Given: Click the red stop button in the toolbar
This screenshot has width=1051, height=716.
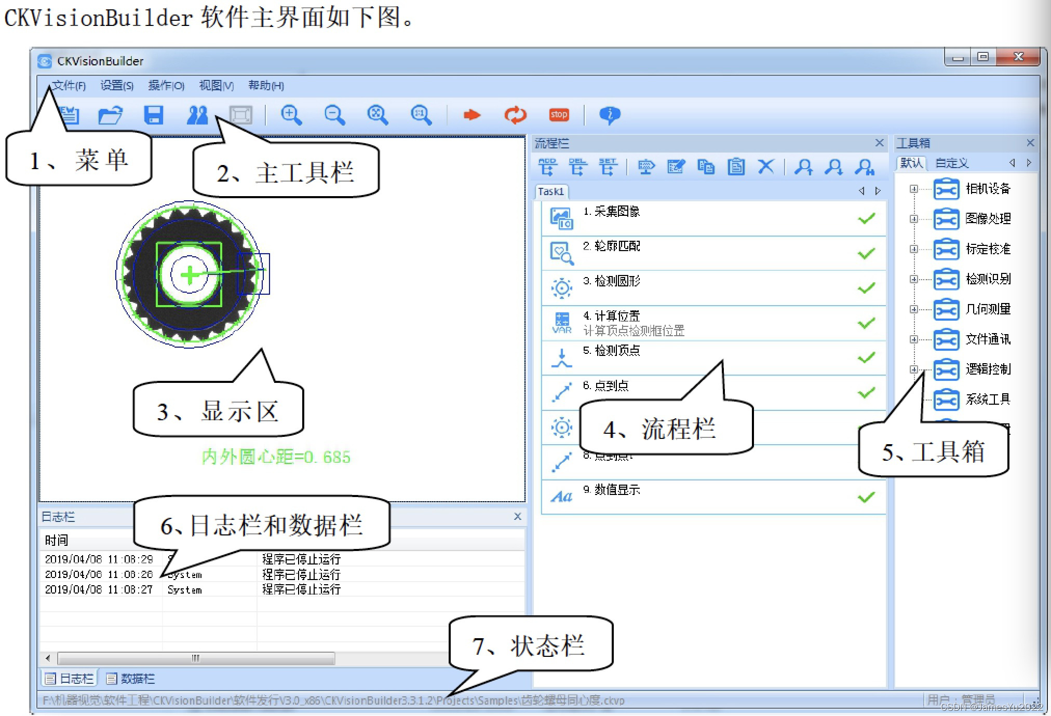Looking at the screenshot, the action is coord(559,115).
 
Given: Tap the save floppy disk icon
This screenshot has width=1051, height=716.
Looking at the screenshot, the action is coord(154,115).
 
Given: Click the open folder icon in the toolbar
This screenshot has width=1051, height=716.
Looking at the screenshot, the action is coord(110,115).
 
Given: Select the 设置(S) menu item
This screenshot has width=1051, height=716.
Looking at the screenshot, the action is coord(117,86).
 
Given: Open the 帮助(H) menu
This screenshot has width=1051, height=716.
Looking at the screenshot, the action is coord(266,86).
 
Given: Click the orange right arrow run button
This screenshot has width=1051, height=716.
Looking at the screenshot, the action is coord(471,115).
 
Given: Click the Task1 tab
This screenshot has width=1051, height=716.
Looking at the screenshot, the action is coord(551,191).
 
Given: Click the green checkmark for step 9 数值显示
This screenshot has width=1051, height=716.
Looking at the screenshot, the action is coord(866,497).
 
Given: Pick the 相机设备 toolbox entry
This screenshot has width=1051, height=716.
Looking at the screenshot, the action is coord(988,189).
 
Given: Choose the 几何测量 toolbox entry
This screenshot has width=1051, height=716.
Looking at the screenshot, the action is coord(988,309).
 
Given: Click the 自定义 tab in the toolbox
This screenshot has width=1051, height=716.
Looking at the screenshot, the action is coord(952,163).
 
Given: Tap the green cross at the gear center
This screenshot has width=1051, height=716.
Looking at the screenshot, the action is coord(190,275).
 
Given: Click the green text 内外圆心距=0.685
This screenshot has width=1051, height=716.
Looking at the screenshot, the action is coord(276,457).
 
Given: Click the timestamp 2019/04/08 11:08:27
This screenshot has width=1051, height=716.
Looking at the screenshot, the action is coord(99,590).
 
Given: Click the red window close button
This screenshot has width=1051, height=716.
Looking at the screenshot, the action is coord(1019,57).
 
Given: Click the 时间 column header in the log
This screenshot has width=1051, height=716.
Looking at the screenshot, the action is coord(57,540).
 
